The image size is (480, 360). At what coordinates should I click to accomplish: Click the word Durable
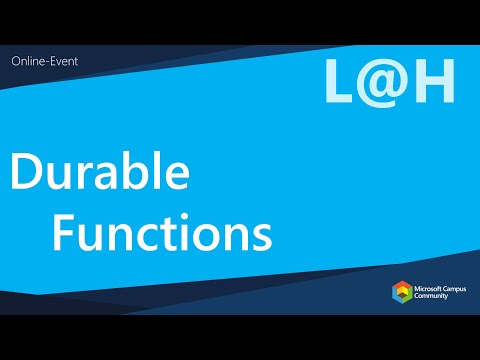100,176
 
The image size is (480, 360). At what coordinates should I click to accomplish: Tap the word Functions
162,234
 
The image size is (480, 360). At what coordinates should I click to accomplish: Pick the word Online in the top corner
27,61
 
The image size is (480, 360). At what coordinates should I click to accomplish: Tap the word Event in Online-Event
63,61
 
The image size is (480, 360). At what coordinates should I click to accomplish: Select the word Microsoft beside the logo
430,289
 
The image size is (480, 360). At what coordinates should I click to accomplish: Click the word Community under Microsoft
436,299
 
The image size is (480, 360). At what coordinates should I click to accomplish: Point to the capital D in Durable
29,176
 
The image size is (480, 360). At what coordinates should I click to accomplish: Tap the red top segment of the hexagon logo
401,285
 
